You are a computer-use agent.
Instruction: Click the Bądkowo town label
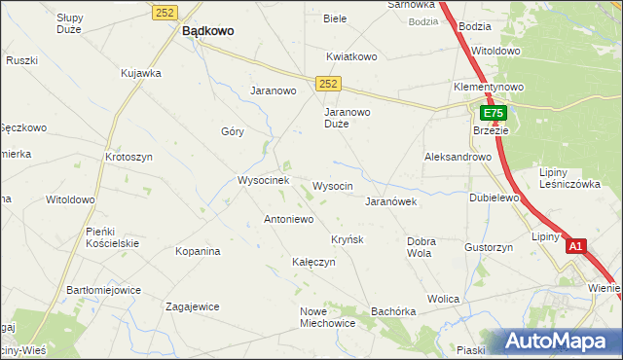tap(207, 31)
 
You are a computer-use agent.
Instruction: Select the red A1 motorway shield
tap(575, 247)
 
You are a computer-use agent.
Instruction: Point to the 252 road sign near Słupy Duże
tap(164, 12)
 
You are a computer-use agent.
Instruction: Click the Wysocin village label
tap(332, 185)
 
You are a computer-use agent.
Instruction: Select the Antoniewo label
tap(288, 219)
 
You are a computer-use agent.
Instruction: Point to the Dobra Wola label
tap(421, 246)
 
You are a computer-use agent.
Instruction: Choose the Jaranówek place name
tap(390, 201)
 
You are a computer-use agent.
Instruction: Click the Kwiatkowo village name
tap(351, 56)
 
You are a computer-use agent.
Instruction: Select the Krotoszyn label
tap(129, 157)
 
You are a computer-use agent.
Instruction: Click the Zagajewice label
tap(192, 306)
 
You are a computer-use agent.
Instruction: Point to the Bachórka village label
tap(393, 311)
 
